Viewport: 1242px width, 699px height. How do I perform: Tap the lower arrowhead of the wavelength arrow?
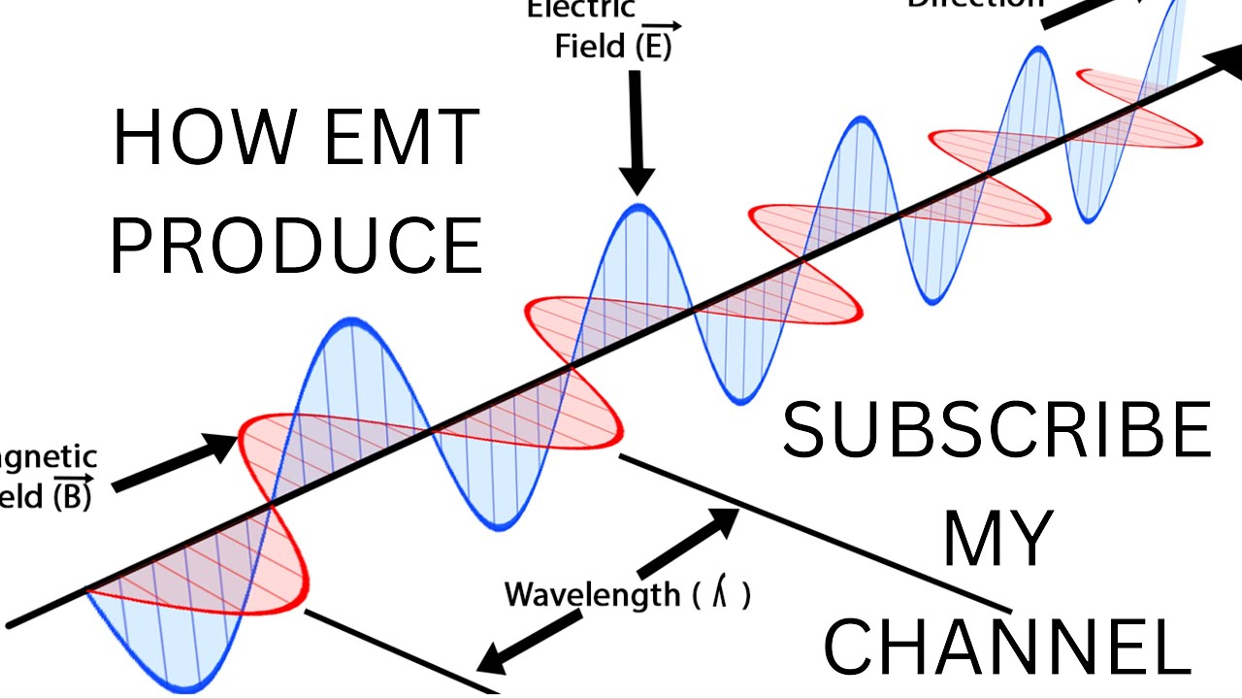(490, 660)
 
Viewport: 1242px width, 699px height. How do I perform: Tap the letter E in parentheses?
(654, 47)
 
